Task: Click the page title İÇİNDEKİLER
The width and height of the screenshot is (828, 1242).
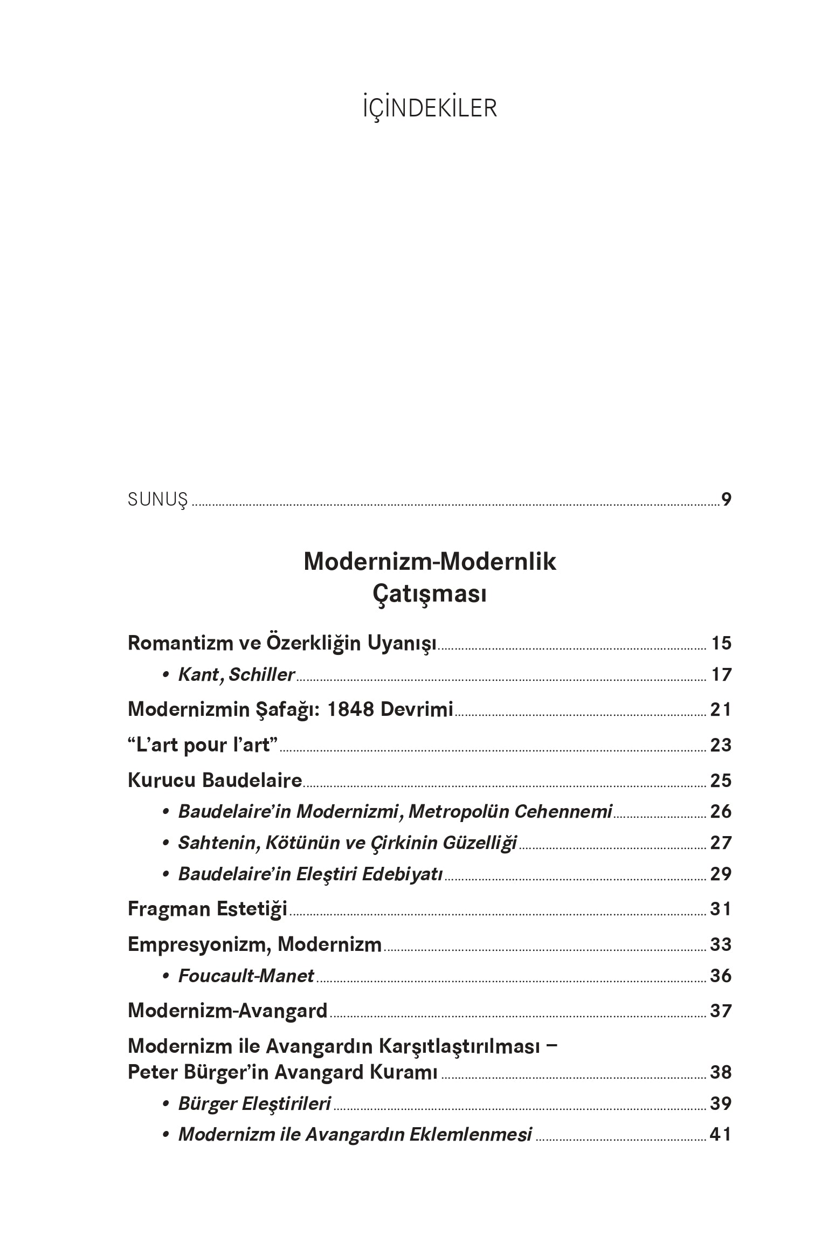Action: click(429, 108)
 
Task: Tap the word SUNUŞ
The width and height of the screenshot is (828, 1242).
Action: click(157, 500)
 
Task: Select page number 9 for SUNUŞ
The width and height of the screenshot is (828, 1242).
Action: click(726, 500)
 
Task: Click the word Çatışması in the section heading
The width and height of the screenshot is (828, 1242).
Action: click(429, 595)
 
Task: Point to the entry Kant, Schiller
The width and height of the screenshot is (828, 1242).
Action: click(236, 674)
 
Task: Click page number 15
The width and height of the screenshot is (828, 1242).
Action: click(721, 643)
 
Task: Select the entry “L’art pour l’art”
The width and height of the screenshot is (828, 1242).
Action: click(203, 745)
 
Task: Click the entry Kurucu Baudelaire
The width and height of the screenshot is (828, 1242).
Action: click(215, 780)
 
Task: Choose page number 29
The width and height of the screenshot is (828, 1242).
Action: click(721, 874)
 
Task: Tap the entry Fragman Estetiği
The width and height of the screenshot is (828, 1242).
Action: click(208, 909)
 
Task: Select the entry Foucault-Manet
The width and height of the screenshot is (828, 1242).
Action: click(246, 976)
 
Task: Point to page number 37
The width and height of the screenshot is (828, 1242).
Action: click(721, 1011)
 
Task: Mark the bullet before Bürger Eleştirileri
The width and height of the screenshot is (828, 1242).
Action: click(167, 1104)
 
